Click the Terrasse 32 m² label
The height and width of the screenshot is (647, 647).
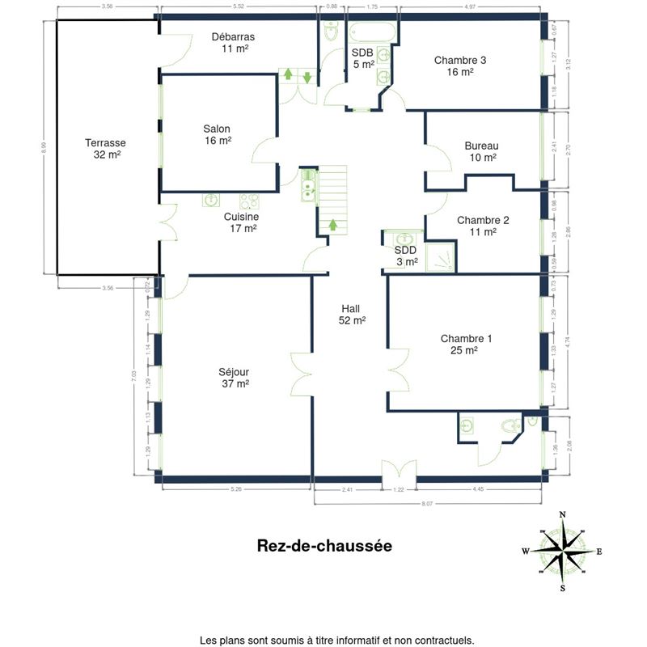[106, 149]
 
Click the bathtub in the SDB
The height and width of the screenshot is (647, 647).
[373, 32]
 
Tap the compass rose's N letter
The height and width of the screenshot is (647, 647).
[563, 514]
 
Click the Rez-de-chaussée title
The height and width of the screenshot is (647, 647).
[324, 546]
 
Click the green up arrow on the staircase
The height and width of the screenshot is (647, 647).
[332, 225]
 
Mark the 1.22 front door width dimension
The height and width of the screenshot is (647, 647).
[399, 489]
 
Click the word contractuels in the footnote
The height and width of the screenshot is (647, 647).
[442, 617]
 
